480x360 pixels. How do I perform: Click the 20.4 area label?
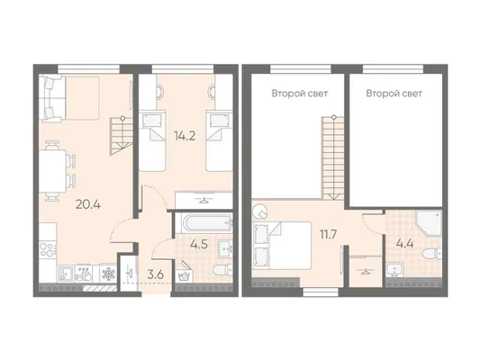[88, 204]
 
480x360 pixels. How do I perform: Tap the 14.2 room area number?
[185, 135]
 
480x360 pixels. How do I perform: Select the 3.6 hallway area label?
[156, 274]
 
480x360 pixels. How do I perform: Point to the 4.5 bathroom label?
[199, 244]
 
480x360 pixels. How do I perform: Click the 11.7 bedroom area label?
[328, 235]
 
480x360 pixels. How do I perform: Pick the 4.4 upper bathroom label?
[404, 244]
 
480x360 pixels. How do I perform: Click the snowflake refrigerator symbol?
[108, 274]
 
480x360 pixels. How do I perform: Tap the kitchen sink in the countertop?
[66, 273]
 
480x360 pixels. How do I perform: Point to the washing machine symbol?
[185, 274]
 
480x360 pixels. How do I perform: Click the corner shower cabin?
[430, 223]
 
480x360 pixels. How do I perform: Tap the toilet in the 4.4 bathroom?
[431, 253]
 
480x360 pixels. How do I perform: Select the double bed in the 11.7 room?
[282, 246]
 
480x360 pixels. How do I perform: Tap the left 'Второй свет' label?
[300, 94]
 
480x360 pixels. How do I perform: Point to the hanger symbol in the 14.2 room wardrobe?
[204, 201]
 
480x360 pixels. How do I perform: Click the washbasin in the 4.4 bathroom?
[395, 269]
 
